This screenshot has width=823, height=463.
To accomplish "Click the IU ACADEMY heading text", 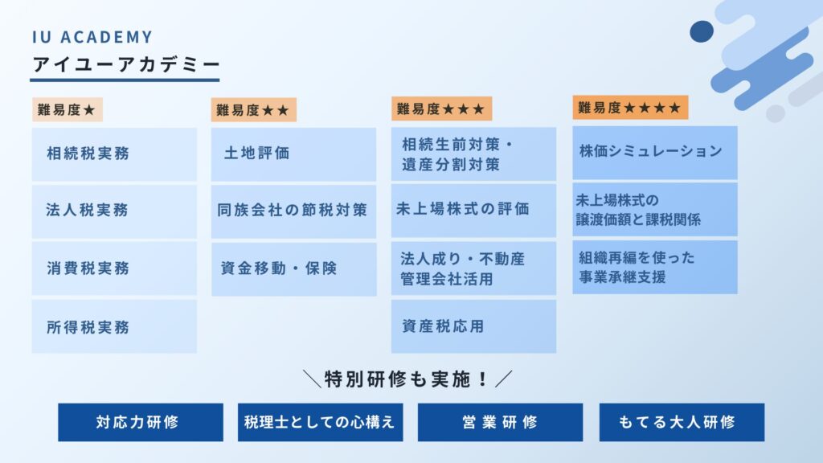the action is [92, 37].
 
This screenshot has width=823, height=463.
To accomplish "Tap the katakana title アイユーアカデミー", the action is [126, 64].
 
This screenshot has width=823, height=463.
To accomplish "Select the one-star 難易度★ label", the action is [68, 109].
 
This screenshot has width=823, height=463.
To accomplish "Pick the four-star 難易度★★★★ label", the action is [630, 108].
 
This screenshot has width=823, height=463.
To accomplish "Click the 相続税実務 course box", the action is [114, 154].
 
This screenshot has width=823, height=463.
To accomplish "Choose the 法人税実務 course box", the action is [114, 211].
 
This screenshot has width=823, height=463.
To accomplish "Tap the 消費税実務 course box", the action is [114, 268].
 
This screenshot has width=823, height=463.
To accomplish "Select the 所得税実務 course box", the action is [114, 326].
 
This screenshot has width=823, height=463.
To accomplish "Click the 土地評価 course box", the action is [294, 154].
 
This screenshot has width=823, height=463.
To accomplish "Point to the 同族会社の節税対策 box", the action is [294, 211].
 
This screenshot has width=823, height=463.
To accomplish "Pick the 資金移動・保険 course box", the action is [294, 268].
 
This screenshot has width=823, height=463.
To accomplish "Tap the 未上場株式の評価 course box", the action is [473, 210].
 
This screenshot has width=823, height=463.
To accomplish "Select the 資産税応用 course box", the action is [473, 326].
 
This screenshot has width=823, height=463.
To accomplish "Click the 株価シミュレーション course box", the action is [655, 152].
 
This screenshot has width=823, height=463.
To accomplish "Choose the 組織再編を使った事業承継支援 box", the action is [655, 267].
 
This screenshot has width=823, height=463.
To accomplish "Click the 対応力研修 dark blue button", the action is [141, 422].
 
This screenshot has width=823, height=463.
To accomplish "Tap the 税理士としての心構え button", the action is [320, 422].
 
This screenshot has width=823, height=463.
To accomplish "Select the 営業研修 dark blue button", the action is [500, 422].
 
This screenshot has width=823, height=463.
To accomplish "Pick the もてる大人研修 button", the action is [682, 422].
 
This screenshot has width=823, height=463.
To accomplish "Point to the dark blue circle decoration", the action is [702, 31].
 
